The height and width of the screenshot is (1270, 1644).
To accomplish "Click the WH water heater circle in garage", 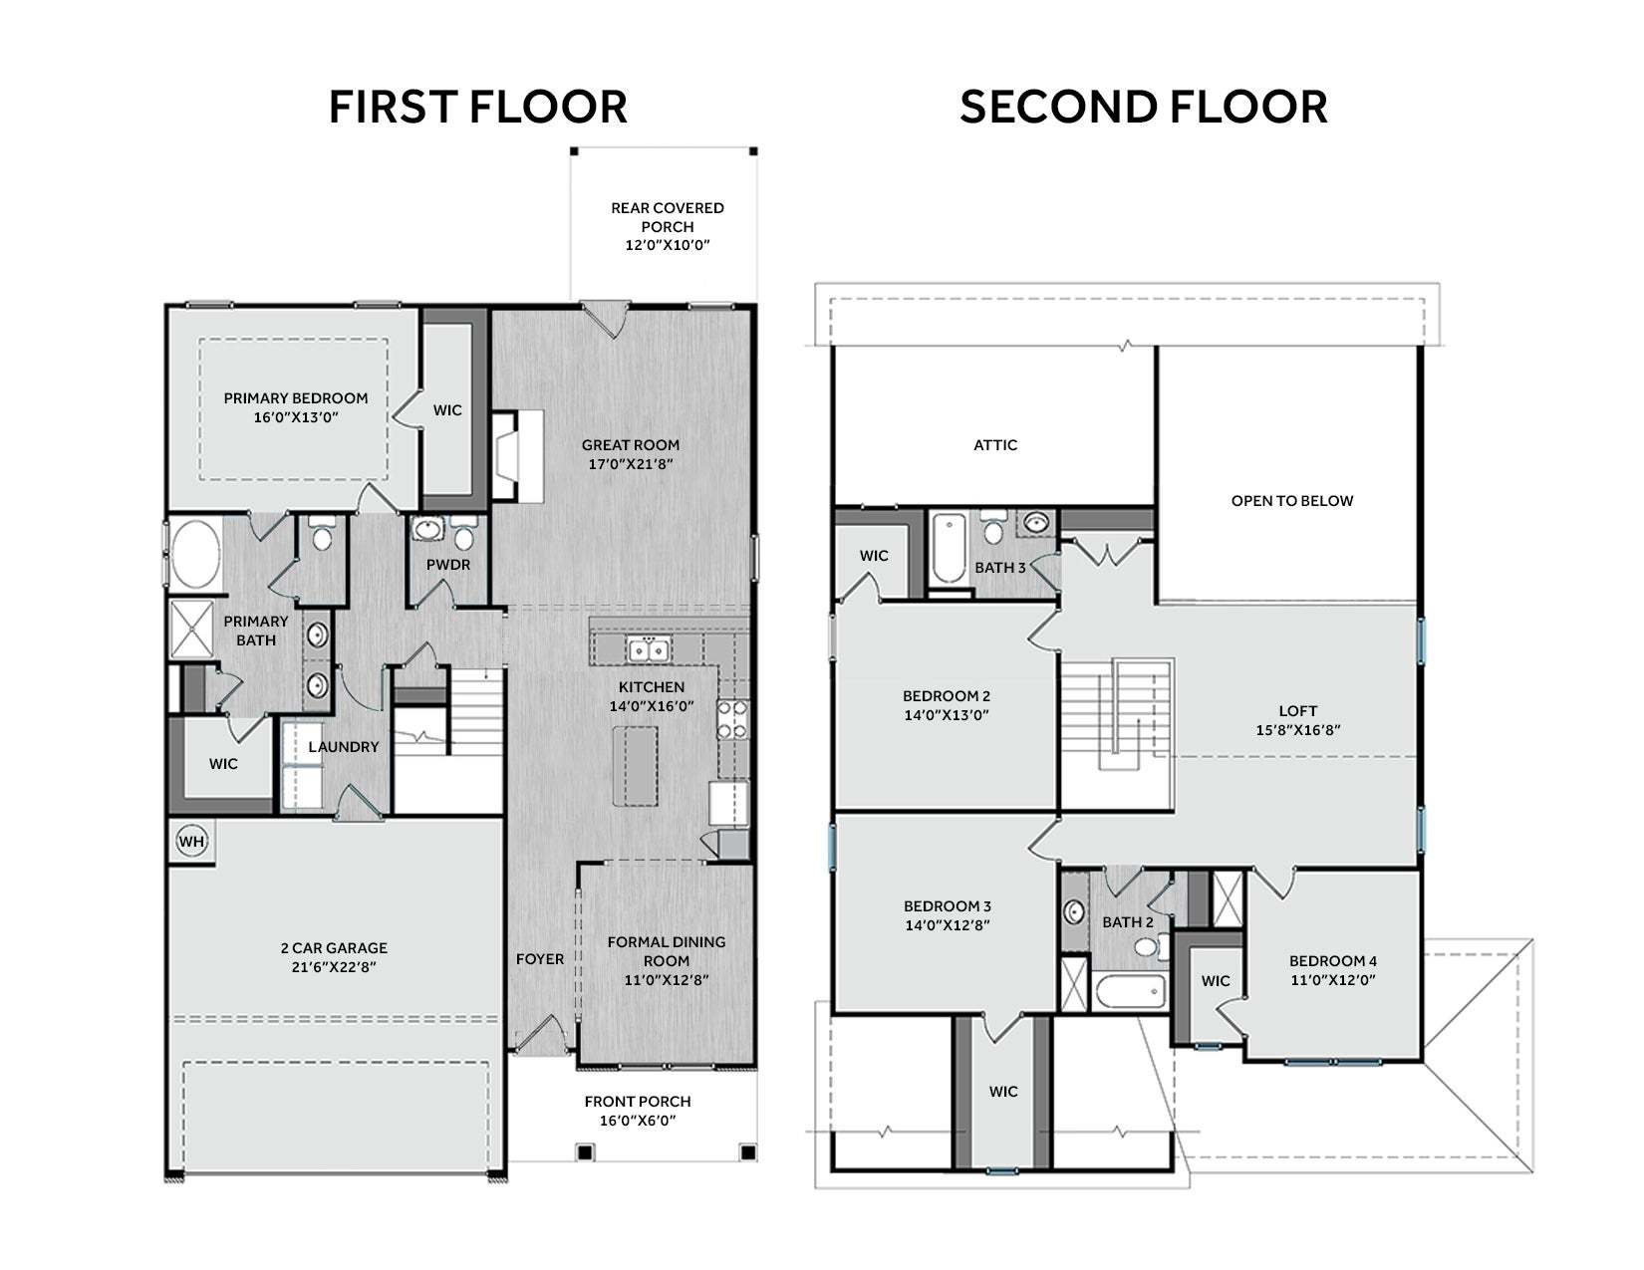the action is pyautogui.click(x=191, y=841).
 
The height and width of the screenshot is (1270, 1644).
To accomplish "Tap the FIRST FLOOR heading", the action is pyautogui.click(x=478, y=107).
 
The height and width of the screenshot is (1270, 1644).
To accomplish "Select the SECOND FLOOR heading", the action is pyautogui.click(x=1143, y=107).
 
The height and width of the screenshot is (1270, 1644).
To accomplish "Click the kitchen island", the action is pyautogui.click(x=635, y=765).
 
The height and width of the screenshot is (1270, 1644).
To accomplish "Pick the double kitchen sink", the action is pyautogui.click(x=649, y=649).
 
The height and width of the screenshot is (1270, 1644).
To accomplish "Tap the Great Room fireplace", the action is pyautogui.click(x=518, y=456).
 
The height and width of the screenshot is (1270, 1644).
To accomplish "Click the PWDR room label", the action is pyautogui.click(x=448, y=565).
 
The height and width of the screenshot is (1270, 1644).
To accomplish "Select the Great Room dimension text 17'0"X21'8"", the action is pyautogui.click(x=631, y=464).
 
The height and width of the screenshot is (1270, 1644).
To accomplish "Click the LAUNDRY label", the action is pyautogui.click(x=344, y=747).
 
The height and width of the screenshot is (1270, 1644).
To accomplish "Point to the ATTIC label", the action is pyautogui.click(x=995, y=445).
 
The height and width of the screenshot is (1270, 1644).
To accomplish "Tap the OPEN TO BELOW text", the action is pyautogui.click(x=1291, y=501).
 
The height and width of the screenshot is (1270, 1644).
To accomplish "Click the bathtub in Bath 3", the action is pyautogui.click(x=948, y=549).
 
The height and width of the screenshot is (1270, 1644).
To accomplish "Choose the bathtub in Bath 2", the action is pyautogui.click(x=1130, y=992).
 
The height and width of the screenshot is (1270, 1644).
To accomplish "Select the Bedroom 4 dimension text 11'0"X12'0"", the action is pyautogui.click(x=1332, y=980).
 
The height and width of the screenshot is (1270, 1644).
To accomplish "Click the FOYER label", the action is pyautogui.click(x=539, y=959).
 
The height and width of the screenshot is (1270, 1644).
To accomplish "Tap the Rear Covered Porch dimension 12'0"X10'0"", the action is pyautogui.click(x=668, y=245).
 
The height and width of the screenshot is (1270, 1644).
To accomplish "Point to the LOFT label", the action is pyautogui.click(x=1297, y=711).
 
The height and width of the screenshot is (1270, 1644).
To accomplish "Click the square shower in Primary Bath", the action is pyautogui.click(x=191, y=629).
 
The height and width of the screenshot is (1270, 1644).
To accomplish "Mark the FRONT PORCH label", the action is pyautogui.click(x=637, y=1102).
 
